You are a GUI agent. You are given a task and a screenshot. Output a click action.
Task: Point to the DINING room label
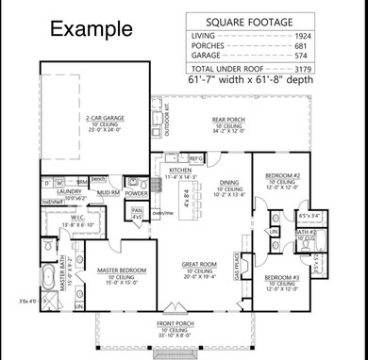coord(229,184)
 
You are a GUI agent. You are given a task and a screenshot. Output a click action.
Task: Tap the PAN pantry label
coord(137,211)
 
